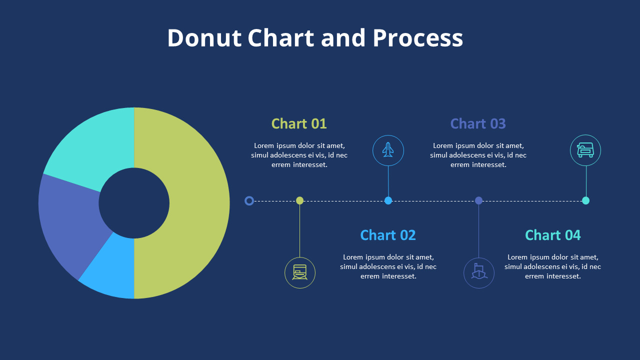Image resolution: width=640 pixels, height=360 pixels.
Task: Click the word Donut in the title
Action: (x=204, y=38)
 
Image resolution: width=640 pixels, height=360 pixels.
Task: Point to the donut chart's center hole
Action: (x=134, y=203)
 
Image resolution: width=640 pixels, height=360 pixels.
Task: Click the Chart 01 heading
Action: (x=299, y=123)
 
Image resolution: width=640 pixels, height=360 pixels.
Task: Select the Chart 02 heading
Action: (x=388, y=235)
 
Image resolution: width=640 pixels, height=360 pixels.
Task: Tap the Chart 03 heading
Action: (x=478, y=123)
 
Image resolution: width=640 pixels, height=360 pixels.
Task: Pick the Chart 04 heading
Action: (x=553, y=235)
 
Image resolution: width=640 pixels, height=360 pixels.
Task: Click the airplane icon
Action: (x=388, y=150)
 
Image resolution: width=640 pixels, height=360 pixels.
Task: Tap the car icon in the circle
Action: (x=585, y=150)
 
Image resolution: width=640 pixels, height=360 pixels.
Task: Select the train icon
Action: (x=300, y=273)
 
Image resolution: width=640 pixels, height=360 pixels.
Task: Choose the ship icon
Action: (x=479, y=273)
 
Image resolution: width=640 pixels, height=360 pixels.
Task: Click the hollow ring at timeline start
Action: (x=249, y=201)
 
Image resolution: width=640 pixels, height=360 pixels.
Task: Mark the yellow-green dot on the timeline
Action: (x=300, y=200)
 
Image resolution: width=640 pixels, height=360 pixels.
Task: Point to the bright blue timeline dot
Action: (x=388, y=200)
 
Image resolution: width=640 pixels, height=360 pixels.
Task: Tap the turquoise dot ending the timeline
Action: (x=585, y=200)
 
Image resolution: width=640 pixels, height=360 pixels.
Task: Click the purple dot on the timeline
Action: (x=478, y=200)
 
